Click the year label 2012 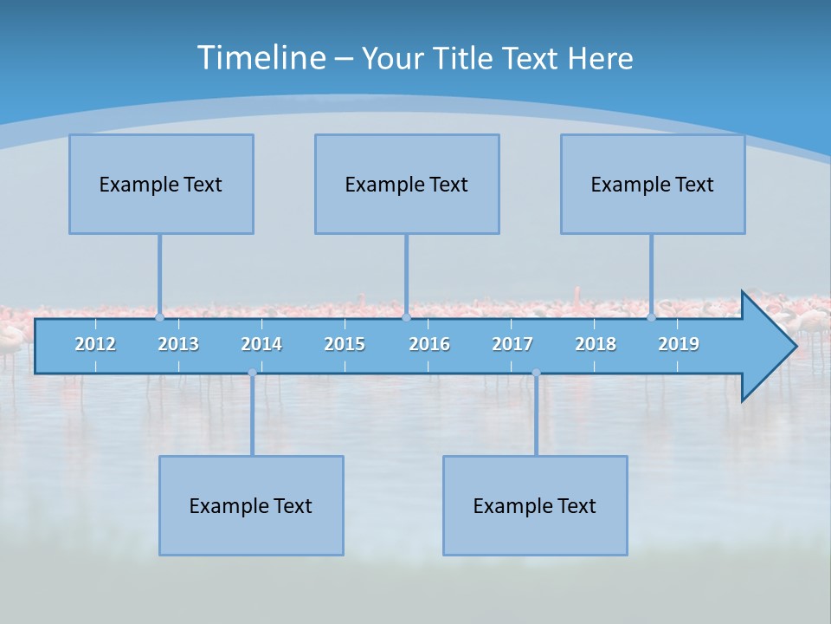coord(95,344)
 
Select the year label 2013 coord(178,344)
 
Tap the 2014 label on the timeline coord(261,344)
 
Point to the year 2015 coord(345,344)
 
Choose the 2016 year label coord(429,344)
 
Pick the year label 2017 coord(512,344)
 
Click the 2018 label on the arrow coord(596,344)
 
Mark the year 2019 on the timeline coord(679,344)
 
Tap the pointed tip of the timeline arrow coord(794,347)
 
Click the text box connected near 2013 coord(161,184)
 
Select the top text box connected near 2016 coord(407,184)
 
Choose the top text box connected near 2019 coord(653,184)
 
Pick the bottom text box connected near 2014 coord(251,505)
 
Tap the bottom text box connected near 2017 coord(535,505)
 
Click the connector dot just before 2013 coord(159,317)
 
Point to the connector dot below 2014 coord(252,373)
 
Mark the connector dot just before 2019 coord(651,317)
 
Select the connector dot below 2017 coord(536,373)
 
